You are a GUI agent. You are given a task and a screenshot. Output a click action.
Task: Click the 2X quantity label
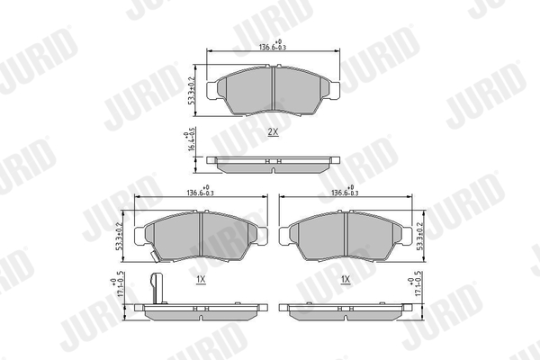273,131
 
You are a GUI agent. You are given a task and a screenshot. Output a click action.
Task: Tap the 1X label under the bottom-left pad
201,280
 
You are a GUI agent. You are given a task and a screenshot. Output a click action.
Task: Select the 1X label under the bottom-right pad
346,280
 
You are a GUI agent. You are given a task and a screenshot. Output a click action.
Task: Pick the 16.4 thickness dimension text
193,143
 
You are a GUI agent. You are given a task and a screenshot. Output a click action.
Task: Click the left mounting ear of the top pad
212,89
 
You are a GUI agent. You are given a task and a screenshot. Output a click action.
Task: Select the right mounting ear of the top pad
334,89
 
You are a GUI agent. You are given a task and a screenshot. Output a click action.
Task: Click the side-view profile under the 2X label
273,163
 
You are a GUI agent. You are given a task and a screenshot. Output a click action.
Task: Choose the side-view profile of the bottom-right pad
346,309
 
